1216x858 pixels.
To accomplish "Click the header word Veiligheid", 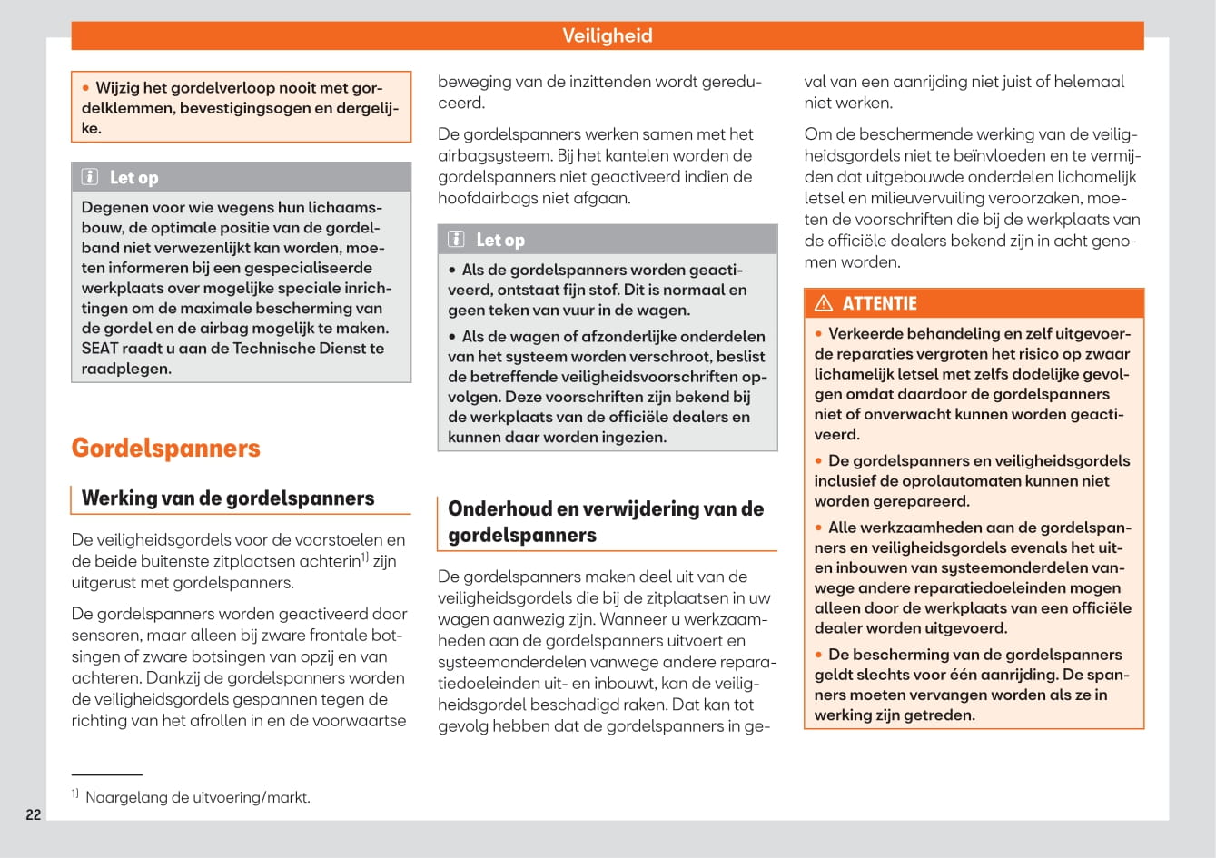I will [607, 35].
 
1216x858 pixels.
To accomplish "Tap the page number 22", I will [34, 814].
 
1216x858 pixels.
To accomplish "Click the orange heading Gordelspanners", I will [165, 448].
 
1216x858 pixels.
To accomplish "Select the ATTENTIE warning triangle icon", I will [824, 303].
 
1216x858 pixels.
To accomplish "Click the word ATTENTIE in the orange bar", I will [879, 303].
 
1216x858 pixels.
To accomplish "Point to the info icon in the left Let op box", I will [90, 177].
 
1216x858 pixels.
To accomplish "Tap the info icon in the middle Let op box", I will [457, 240].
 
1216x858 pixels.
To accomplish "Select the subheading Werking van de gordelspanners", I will [227, 498].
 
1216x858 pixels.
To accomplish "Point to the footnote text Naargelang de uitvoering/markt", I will [197, 797].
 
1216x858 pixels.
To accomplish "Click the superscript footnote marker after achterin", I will [365, 557].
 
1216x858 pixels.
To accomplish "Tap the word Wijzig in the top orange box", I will [117, 88].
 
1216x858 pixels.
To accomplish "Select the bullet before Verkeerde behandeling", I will [818, 334].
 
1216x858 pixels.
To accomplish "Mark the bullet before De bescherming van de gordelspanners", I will [818, 655].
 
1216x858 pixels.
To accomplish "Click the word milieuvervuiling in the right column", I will [924, 198].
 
